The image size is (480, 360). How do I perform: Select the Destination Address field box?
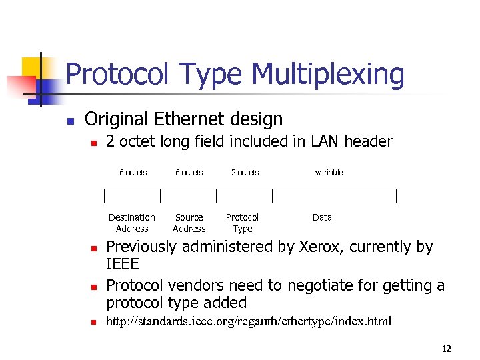(x=132, y=196)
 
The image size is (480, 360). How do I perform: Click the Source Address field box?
(x=189, y=196)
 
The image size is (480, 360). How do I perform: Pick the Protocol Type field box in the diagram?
(x=245, y=196)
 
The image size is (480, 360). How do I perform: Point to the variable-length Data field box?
(x=334, y=196)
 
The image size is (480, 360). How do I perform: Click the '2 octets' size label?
(x=245, y=173)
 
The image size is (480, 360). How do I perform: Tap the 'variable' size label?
(x=329, y=173)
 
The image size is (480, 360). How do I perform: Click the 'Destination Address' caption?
(x=132, y=223)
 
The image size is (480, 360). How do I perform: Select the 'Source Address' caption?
(x=189, y=223)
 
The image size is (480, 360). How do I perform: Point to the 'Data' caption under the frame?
(x=322, y=217)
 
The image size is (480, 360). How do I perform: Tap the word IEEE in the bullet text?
(x=123, y=264)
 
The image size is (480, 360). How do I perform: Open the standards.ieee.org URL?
(x=249, y=322)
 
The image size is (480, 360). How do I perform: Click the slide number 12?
(x=446, y=349)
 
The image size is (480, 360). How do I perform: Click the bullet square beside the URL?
(x=93, y=323)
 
